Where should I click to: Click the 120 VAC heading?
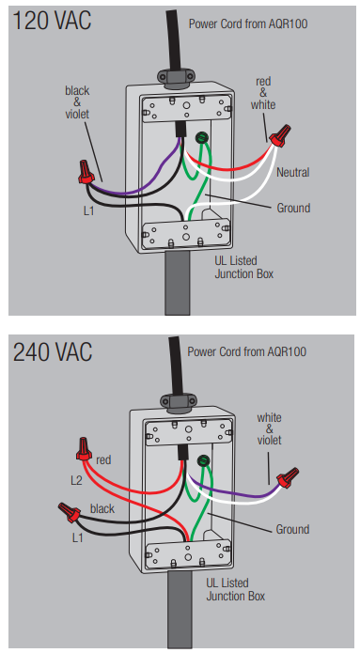pos(52,21)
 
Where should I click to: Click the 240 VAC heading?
pos(53,352)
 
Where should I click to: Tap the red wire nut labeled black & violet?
pos(86,173)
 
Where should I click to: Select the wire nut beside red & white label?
pos(280,135)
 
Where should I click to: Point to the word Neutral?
pos(293,172)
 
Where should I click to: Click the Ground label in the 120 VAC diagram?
pos(293,208)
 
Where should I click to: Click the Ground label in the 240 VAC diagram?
pos(292,529)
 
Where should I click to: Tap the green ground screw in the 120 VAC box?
pos(202,137)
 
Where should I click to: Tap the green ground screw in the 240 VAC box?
pos(204,460)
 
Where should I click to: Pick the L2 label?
pos(76,480)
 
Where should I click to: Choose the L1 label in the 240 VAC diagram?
pos(77,537)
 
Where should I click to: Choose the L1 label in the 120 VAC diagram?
pos(88,211)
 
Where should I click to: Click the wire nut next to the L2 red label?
pos(84,448)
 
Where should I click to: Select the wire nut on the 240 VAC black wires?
pos(70,512)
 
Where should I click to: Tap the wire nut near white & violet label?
pos(289,478)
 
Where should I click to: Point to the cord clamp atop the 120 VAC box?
pos(176,77)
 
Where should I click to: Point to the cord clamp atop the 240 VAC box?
pos(179,401)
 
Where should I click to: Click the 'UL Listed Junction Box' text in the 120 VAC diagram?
pos(244,268)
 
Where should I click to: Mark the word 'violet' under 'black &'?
pos(77,114)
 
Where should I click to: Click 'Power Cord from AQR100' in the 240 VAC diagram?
pos(246,351)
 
